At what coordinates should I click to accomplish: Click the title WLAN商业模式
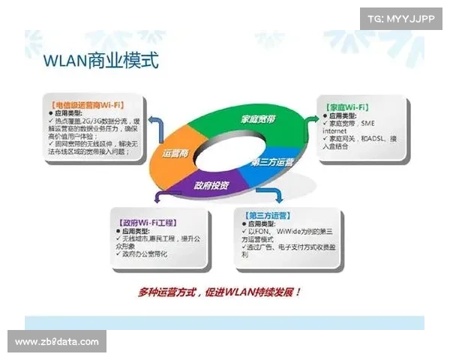[100, 60]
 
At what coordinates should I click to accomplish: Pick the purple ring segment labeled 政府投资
[211, 184]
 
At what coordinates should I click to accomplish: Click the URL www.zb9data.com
[56, 342]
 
